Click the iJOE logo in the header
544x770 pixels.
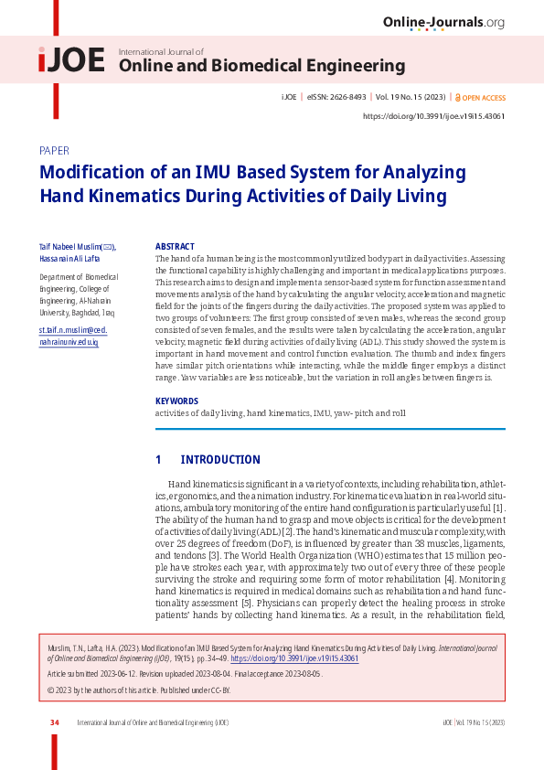[71, 61]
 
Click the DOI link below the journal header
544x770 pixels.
[433, 116]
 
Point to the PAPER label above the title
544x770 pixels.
[55, 151]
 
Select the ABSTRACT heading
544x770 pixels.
[175, 247]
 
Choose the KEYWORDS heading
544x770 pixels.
[176, 401]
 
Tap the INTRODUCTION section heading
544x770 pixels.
[219, 460]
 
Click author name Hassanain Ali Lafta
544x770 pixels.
[70, 258]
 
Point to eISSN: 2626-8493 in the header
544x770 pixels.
[336, 98]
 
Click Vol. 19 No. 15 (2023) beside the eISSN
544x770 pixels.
[411, 98]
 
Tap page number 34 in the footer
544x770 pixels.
[55, 722]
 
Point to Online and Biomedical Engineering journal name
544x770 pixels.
[261, 66]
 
